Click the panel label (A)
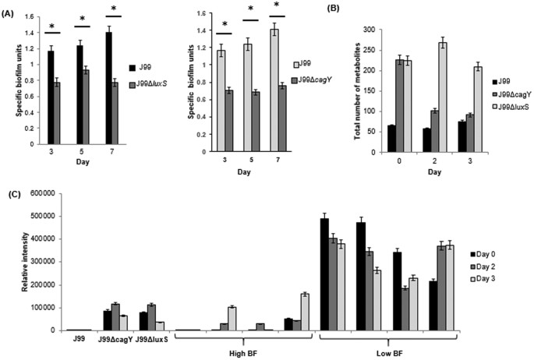11,11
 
